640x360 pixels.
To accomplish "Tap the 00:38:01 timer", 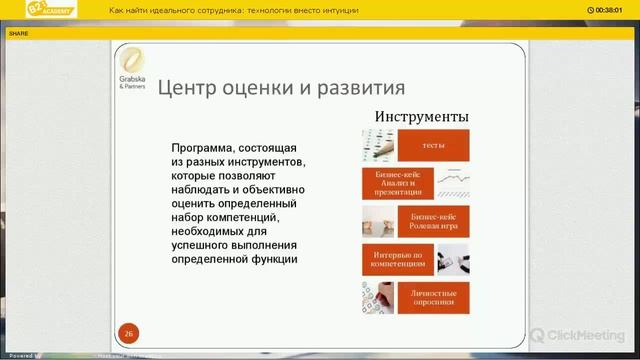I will click(x=613, y=10).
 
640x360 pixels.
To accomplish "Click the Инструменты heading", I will click(x=421, y=117).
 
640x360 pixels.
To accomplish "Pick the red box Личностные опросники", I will click(x=433, y=296).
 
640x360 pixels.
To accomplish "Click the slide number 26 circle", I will click(x=128, y=333).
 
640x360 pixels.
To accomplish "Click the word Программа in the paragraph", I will click(x=204, y=146).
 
